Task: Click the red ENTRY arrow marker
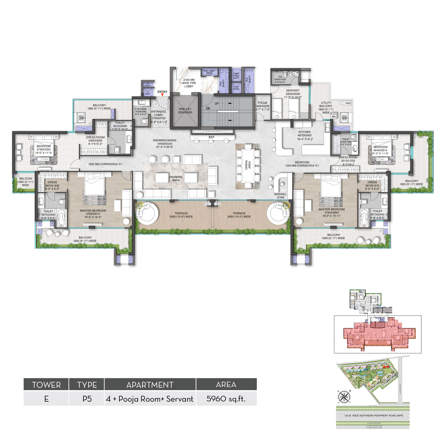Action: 162,95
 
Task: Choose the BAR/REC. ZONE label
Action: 281,196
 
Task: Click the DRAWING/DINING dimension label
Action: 165,143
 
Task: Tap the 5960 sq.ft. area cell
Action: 226,399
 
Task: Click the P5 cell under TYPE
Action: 87,399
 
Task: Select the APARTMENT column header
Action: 150,385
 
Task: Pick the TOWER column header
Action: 46,385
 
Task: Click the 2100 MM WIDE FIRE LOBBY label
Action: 189,83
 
